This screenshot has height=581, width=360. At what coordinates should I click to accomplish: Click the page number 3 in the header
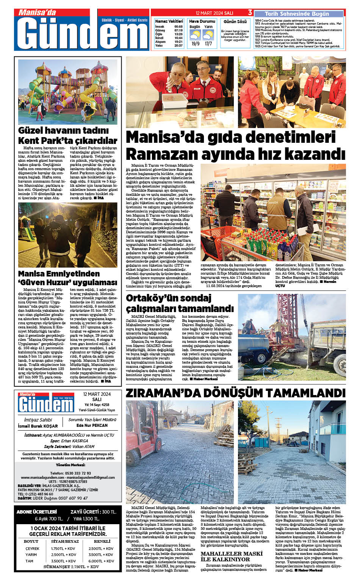click(x=250, y=12)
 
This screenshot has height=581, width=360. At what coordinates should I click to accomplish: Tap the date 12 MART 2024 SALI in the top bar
click(x=214, y=13)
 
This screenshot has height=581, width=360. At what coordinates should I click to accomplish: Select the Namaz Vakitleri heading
click(x=169, y=21)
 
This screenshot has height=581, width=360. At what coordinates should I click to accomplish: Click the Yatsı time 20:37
click(x=178, y=45)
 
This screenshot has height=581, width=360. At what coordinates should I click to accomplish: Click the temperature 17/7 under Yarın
click(x=208, y=44)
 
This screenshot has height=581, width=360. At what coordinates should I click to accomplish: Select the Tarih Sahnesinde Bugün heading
click(x=297, y=14)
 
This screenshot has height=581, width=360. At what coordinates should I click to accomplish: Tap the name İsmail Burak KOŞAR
click(x=38, y=426)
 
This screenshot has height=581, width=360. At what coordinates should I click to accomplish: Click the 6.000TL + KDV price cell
click(x=101, y=561)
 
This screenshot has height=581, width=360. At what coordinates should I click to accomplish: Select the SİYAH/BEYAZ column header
click(x=65, y=542)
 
